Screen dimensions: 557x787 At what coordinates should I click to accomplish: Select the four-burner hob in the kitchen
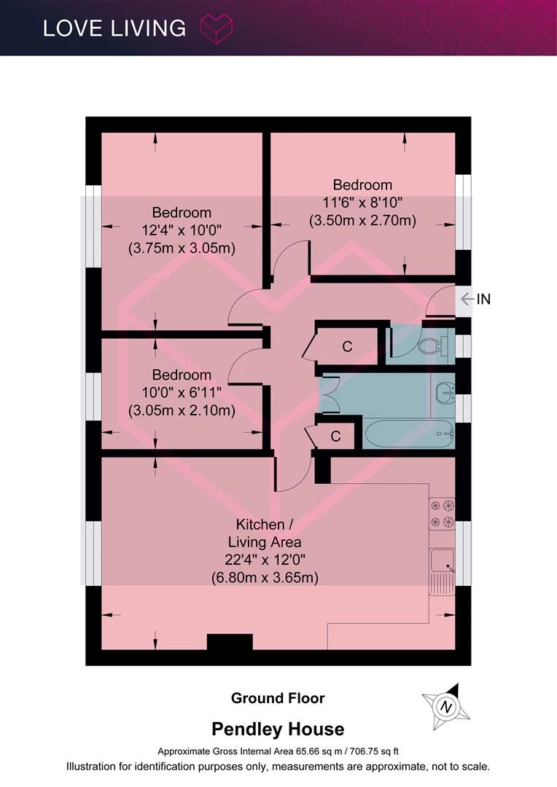click(442, 514)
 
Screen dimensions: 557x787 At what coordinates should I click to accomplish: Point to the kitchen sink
click(442, 571)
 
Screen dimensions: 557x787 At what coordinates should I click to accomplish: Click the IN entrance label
click(483, 299)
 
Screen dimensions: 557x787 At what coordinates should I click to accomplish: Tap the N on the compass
click(445, 707)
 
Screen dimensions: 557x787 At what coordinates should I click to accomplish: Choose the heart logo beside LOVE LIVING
click(217, 28)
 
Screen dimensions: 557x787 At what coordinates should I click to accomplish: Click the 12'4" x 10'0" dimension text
click(182, 230)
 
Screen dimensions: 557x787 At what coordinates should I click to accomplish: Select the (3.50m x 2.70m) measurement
click(362, 220)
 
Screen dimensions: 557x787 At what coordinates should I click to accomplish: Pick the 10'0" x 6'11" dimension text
click(182, 393)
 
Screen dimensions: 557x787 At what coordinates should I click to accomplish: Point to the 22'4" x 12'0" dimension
click(265, 560)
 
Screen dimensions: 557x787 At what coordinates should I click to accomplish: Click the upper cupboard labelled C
click(347, 346)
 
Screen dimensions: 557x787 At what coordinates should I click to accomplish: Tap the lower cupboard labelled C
click(335, 436)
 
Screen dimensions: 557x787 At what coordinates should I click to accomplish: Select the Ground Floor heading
click(278, 698)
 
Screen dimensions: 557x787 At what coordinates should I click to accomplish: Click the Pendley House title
click(278, 729)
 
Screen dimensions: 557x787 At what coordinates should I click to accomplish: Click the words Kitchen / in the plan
click(264, 525)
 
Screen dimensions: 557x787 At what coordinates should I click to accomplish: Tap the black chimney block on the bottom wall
click(230, 642)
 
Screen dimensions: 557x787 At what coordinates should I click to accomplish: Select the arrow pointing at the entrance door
click(467, 299)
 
